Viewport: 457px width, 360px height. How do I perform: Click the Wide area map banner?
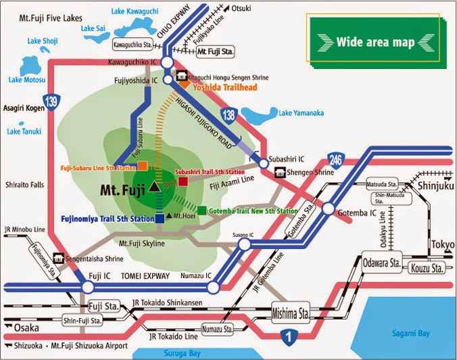coord(376,42)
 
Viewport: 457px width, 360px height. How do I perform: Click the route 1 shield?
coord(289,334)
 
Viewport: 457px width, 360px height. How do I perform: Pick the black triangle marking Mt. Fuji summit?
coord(155,185)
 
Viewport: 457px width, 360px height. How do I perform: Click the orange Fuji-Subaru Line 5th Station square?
coord(143,166)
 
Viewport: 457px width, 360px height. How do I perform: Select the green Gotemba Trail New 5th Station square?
coord(202,210)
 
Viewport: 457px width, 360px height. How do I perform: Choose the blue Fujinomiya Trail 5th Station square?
coord(160,218)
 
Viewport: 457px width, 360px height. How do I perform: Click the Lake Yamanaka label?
coord(299,113)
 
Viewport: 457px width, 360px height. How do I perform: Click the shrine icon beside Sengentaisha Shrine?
coord(59,258)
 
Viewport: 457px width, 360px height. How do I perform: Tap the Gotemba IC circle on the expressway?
coord(329,210)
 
